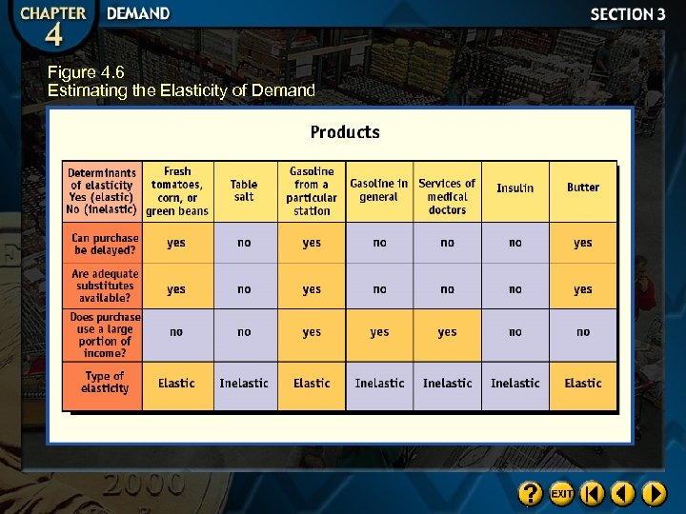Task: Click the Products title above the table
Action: point(345,132)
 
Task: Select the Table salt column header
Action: point(244,190)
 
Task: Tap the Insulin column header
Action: point(514,188)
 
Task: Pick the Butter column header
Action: point(583,188)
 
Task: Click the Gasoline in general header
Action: point(379,190)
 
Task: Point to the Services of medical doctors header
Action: point(447,196)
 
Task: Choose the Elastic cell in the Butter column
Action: point(583,384)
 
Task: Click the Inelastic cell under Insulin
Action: point(514,384)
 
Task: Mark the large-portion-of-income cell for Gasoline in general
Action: point(379,333)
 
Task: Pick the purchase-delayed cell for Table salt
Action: point(244,244)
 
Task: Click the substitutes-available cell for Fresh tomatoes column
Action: point(176,289)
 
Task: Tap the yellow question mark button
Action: point(531,494)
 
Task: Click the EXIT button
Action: point(562,494)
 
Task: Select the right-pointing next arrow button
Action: point(654,494)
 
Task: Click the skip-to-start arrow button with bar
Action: point(593,494)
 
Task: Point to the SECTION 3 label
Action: point(628,14)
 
